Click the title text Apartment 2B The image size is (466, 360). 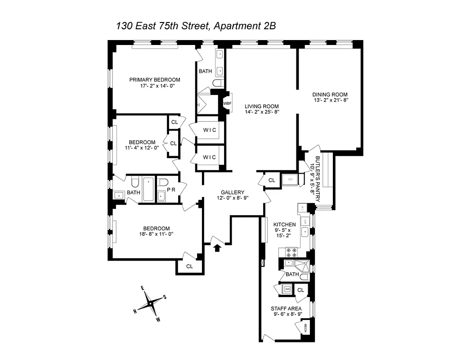(x=244, y=26)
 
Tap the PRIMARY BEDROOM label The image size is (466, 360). (x=155, y=80)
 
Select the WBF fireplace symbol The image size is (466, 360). (x=227, y=103)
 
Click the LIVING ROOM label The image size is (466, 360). (x=262, y=106)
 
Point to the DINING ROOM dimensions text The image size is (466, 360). (x=330, y=101)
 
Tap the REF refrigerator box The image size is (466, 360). (x=290, y=179)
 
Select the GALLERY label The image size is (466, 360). (x=232, y=192)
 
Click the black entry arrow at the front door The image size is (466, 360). (x=217, y=247)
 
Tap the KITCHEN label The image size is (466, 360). (x=285, y=225)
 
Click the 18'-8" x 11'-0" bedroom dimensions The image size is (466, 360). (x=157, y=234)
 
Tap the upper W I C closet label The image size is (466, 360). (x=209, y=130)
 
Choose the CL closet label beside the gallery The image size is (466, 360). (x=272, y=180)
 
